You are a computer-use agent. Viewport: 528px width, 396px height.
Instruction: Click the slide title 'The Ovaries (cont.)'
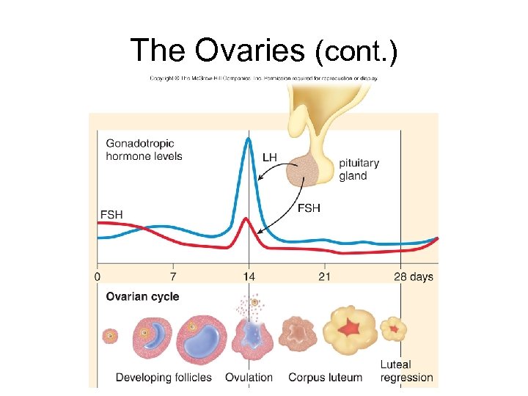click(264, 51)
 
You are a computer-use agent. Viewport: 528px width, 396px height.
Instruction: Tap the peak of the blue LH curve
click(249, 139)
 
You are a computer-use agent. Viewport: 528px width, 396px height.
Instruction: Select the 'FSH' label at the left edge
click(111, 214)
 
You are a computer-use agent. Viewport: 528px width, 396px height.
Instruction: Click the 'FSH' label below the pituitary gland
click(309, 208)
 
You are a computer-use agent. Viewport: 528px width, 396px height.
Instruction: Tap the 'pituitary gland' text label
click(359, 169)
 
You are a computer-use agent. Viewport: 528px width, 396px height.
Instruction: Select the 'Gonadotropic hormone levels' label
click(144, 150)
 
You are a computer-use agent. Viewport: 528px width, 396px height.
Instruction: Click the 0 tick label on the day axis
click(98, 277)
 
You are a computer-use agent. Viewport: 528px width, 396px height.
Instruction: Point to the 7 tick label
click(173, 277)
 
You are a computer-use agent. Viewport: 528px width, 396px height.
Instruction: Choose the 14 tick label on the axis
click(249, 277)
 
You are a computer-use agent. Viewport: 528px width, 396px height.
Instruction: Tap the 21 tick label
click(324, 277)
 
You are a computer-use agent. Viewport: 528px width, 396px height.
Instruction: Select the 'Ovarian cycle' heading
click(142, 297)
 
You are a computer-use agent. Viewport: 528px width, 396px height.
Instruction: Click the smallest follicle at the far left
click(110, 336)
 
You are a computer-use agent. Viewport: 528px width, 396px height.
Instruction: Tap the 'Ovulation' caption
click(249, 378)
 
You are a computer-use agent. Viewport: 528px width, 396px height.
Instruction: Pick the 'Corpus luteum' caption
click(325, 378)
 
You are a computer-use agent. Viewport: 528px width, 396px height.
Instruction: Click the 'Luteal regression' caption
click(406, 371)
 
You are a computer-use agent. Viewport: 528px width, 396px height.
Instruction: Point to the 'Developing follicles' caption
click(164, 378)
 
